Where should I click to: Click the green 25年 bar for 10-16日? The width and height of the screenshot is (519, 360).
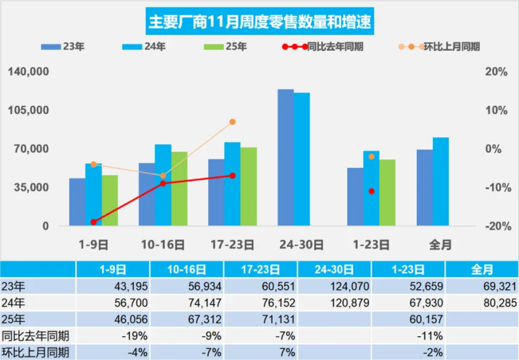179,188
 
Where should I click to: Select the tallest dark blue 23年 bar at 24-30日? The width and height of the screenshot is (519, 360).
286,157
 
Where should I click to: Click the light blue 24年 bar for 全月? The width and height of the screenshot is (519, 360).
441,181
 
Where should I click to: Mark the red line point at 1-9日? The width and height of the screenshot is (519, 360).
93,222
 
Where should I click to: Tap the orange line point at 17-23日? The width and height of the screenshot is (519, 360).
233,122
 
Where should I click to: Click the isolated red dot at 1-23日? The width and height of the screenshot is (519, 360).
372,191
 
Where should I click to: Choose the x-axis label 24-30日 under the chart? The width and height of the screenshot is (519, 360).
302,244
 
